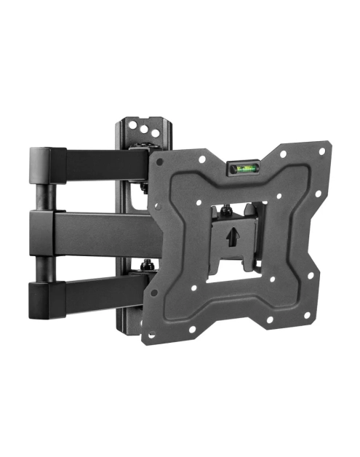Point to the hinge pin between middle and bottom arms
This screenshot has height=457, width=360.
tap(43, 263)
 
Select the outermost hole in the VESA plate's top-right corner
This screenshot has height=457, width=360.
tap(313, 148)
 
